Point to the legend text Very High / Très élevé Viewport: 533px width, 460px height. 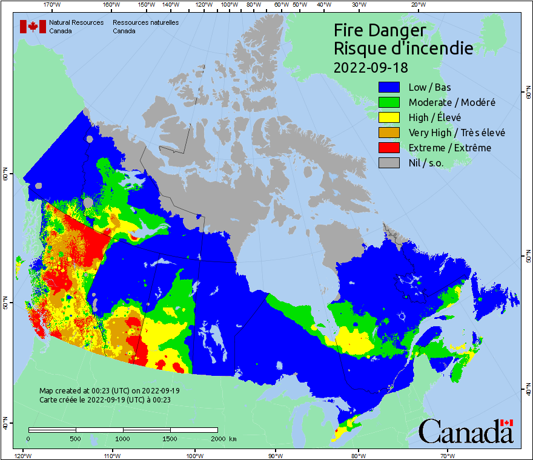[457, 133]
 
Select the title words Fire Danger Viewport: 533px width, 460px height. [380, 30]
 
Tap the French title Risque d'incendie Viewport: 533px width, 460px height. [403, 48]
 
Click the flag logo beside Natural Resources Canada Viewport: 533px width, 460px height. [33, 27]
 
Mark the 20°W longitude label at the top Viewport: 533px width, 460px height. [417, 5]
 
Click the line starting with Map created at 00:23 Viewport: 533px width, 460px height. [109, 391]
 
